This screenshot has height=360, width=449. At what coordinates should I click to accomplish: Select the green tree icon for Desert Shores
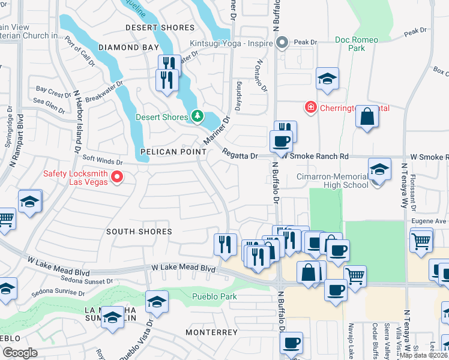pos(197,116)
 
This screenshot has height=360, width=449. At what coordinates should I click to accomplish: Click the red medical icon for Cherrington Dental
pos(310,108)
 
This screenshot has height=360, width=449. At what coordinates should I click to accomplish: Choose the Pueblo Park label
pos(214,296)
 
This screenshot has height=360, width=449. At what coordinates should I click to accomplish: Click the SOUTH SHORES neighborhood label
pos(139,232)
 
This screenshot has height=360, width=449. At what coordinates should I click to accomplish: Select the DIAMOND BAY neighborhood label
pos(128,47)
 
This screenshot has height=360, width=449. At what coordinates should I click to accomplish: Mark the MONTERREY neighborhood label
pos(212,332)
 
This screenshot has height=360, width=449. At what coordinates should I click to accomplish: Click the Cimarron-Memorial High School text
pos(333,181)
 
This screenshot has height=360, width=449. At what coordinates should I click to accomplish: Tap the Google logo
pos(20,352)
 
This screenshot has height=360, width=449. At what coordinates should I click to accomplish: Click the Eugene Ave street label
pos(428,221)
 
